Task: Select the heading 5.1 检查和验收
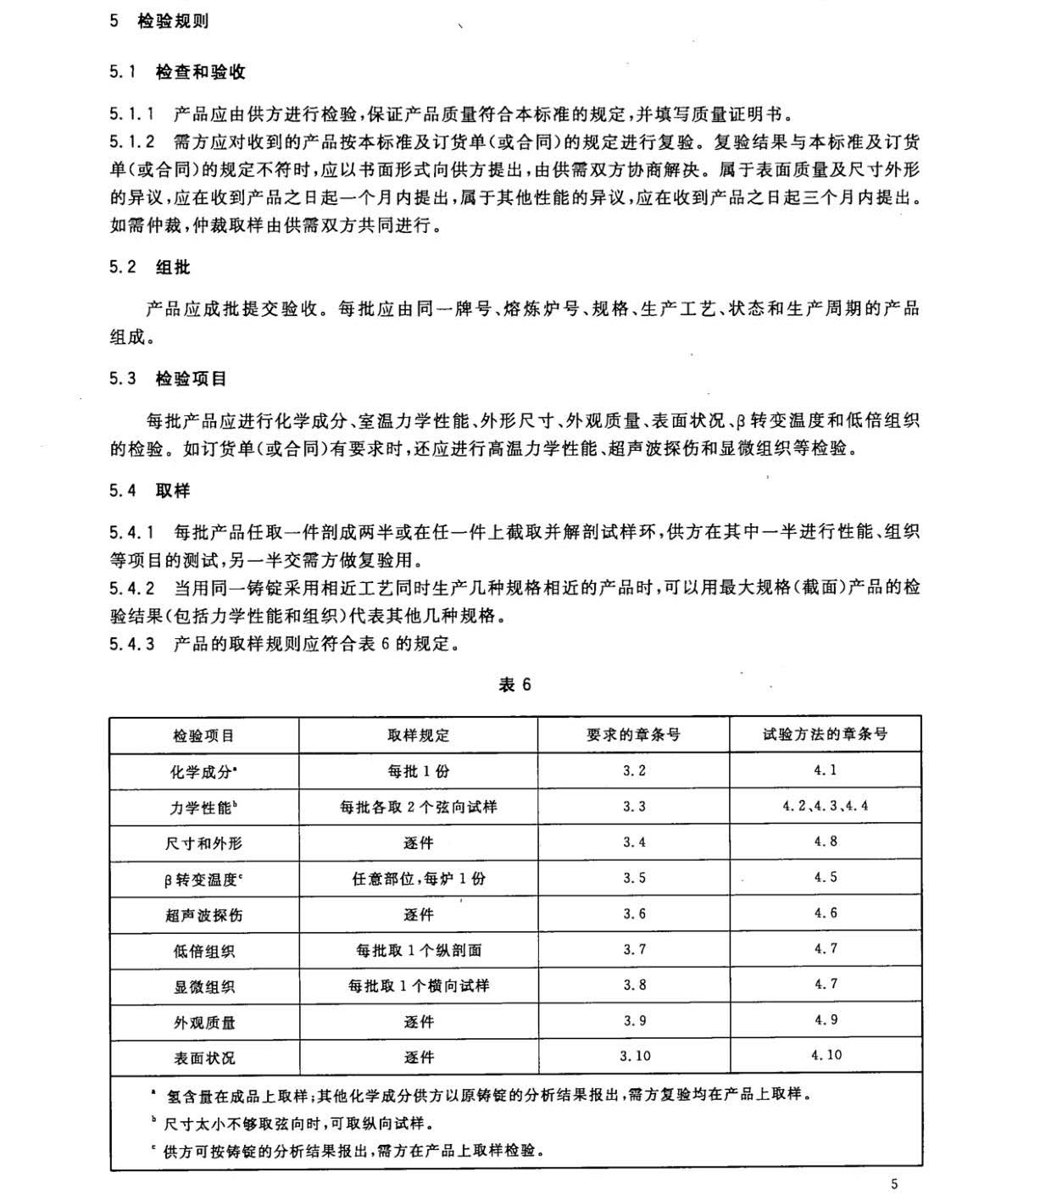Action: point(177,72)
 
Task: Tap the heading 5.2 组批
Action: point(149,268)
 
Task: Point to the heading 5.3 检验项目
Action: point(168,379)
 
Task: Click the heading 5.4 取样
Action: point(149,491)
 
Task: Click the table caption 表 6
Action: point(514,686)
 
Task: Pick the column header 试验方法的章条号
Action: point(825,734)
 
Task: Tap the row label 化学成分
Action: point(203,772)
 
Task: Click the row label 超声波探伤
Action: point(203,915)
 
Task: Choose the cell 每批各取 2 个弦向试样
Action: point(418,807)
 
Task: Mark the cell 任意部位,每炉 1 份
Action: point(418,879)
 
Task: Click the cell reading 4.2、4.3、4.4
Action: point(825,806)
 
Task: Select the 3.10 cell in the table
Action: point(634,1056)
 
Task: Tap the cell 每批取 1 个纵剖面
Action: point(418,951)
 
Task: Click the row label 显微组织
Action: point(203,987)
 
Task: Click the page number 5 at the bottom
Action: point(894,1184)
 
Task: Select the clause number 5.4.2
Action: point(131,588)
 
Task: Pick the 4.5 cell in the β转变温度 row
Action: point(826,877)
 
